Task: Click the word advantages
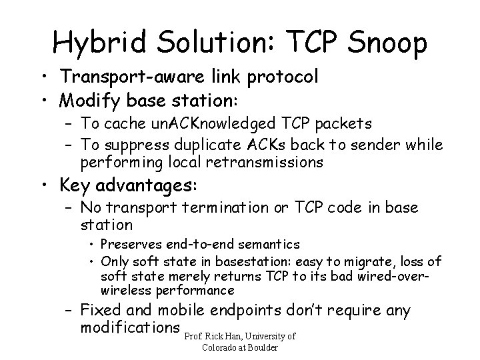pyautogui.click(x=151, y=185)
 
